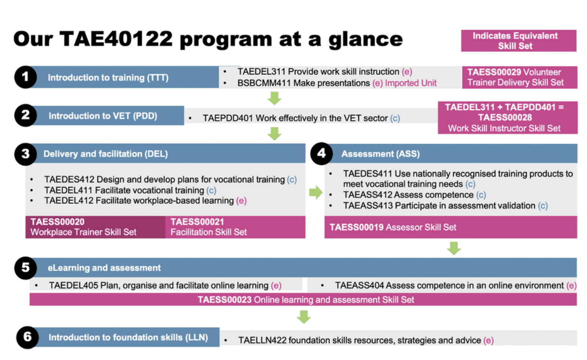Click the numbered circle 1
click(x=25, y=77)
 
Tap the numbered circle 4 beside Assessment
click(x=322, y=153)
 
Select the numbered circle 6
click(x=28, y=337)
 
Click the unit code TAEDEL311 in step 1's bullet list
click(x=261, y=71)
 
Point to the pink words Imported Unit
click(x=411, y=83)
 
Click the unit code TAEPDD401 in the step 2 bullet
click(x=228, y=118)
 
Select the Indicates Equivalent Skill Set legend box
click(x=518, y=41)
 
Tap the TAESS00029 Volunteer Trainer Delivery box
click(x=520, y=77)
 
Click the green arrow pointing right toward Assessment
click(x=316, y=192)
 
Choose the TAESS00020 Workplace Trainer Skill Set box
click(x=95, y=227)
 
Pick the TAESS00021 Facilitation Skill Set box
click(x=235, y=227)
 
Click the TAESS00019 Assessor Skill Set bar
click(x=451, y=227)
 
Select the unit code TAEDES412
click(x=69, y=180)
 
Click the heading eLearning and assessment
click(x=104, y=268)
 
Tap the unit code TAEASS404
click(x=359, y=285)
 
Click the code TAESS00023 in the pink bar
click(x=225, y=299)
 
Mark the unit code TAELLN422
click(x=262, y=340)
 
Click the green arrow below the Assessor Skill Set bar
click(x=454, y=248)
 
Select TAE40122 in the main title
click(x=116, y=39)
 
